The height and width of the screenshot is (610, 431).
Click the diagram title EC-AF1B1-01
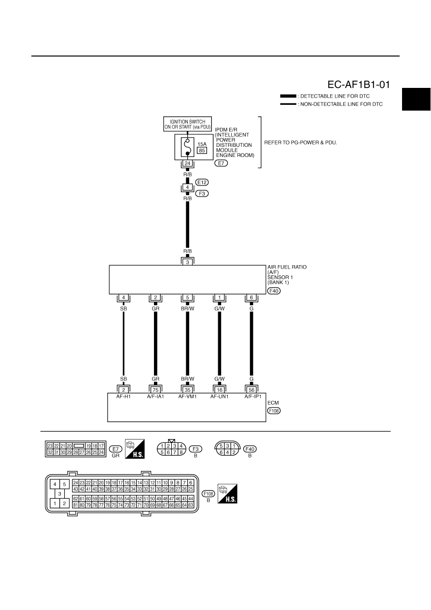tap(359, 85)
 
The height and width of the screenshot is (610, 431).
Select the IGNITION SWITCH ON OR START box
tap(187, 124)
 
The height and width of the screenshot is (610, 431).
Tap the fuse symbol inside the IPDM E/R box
tap(187, 147)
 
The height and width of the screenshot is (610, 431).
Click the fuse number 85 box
tap(202, 150)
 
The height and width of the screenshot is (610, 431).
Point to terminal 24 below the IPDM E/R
tap(187, 163)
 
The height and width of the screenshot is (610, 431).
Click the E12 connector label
tap(202, 182)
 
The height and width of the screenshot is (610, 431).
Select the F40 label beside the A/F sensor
tap(274, 291)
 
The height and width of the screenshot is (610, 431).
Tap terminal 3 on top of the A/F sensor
tap(187, 262)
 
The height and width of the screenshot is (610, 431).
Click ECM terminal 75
tap(155, 390)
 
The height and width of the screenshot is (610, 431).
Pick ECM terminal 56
tap(251, 390)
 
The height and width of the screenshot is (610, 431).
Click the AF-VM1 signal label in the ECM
tap(187, 397)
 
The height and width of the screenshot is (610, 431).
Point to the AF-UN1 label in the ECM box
tap(219, 397)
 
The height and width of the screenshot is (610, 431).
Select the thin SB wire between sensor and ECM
tap(124, 344)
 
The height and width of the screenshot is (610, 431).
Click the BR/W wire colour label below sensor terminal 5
tap(187, 309)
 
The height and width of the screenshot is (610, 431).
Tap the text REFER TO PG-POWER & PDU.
tap(301, 142)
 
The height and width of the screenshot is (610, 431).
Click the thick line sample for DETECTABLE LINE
tap(288, 96)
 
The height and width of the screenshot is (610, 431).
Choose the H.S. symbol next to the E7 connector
tap(135, 449)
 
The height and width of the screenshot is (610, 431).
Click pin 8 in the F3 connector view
tap(181, 453)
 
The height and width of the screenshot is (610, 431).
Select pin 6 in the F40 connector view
tap(221, 453)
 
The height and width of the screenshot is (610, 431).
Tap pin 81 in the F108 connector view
tap(76, 505)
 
